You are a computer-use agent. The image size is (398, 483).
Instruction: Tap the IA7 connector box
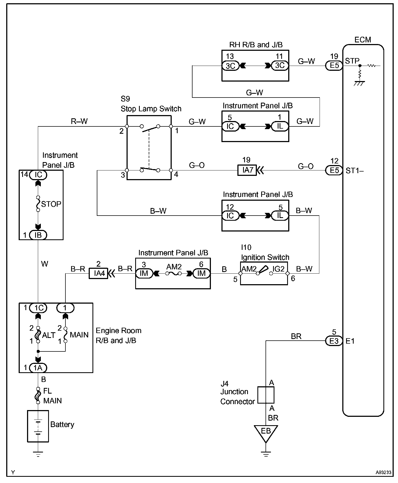coord(247,170)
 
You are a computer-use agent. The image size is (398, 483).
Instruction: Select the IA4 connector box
coord(98,273)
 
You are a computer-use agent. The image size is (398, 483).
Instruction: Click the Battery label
coord(62,424)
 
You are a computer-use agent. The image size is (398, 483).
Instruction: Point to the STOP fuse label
coord(51,204)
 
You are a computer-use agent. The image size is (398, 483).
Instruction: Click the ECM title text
coord(363,40)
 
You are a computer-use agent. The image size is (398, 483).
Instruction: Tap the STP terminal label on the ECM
coord(352,61)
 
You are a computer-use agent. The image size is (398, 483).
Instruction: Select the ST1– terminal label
coord(354,170)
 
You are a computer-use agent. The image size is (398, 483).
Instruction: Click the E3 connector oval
coord(334,341)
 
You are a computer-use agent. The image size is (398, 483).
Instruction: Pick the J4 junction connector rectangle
coord(266,395)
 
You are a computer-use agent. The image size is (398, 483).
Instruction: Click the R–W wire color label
coord(79,121)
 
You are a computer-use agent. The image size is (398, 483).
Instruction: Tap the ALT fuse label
coord(49,335)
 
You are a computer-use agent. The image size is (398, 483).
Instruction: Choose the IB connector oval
coord(38,235)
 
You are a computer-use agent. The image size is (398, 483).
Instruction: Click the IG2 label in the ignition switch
coord(278,269)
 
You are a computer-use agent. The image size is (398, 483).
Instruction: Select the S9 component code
coord(125,99)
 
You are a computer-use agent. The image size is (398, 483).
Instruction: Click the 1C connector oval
coord(38,308)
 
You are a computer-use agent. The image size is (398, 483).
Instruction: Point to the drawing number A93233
coord(383,472)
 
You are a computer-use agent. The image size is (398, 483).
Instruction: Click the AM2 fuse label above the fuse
coord(174,267)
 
